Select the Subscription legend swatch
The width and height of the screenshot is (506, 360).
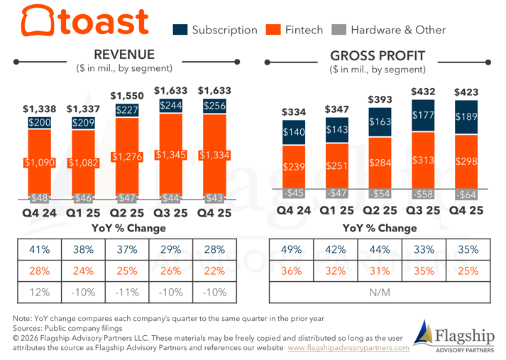coord(180,30)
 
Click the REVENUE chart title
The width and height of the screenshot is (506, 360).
coord(124,55)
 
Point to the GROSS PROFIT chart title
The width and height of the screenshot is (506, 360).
coord(378,55)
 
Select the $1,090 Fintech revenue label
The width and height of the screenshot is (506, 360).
coord(40,163)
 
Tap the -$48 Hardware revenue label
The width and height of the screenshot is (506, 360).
coord(40,197)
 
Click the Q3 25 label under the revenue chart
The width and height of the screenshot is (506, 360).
coord(171,212)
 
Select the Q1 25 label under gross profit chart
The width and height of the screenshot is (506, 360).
coord(336,210)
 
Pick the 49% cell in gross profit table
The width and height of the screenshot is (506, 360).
coord(292,250)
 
